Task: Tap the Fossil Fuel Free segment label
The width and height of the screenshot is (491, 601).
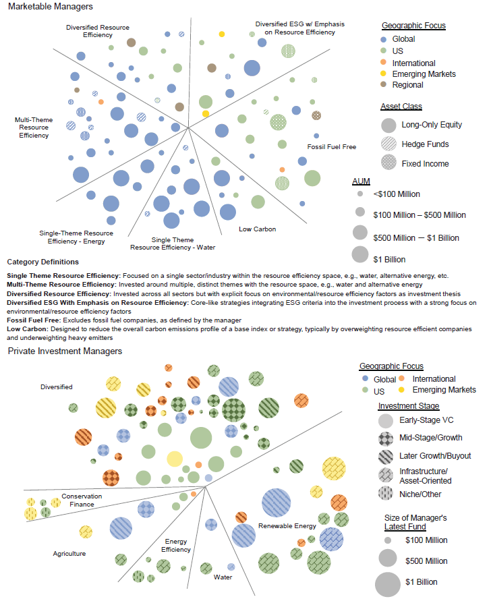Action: point(331,146)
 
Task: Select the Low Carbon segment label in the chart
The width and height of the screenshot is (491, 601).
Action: point(257,229)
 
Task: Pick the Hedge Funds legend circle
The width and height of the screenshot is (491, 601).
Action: point(388,144)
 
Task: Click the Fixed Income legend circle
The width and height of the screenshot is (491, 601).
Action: point(388,163)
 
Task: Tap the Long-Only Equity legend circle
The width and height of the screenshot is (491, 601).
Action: point(388,125)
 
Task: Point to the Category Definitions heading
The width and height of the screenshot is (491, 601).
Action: point(42,262)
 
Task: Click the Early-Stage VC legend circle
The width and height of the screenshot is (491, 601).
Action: point(386,421)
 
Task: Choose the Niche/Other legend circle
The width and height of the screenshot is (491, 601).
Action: point(386,493)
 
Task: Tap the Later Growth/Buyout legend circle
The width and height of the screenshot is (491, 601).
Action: point(386,456)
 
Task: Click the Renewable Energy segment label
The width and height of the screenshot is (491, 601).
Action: point(287,525)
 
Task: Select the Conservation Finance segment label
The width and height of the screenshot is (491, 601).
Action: point(82,500)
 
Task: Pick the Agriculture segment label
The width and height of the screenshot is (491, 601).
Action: point(70,554)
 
